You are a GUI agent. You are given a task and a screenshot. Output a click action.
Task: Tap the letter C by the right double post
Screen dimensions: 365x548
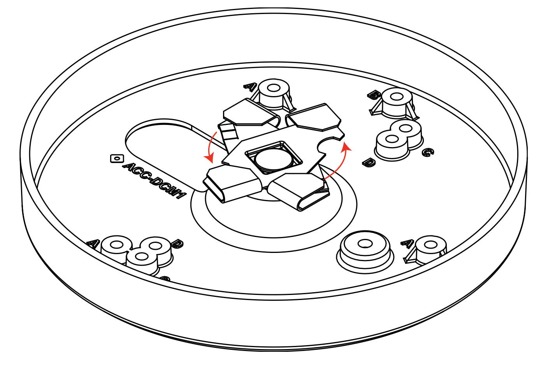(x=427, y=152)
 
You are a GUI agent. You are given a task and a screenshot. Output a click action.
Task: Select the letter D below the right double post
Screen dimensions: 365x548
(x=369, y=162)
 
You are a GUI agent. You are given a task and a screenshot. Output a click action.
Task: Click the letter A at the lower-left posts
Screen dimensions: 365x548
(x=92, y=244)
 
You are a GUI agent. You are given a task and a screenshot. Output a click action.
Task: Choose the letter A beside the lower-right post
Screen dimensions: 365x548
(x=406, y=244)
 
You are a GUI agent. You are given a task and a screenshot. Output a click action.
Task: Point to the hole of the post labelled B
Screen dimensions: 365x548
(x=396, y=96)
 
